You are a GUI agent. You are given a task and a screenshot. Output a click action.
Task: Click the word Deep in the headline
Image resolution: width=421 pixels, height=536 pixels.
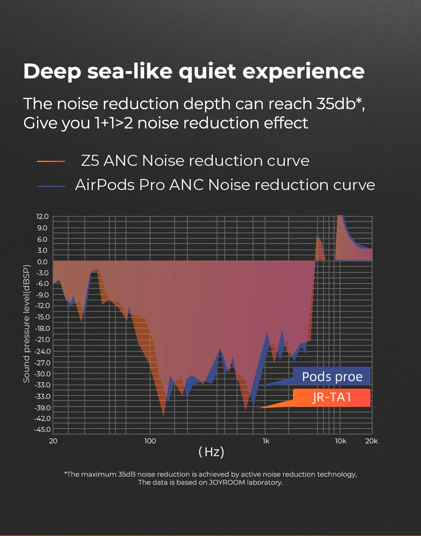(52, 72)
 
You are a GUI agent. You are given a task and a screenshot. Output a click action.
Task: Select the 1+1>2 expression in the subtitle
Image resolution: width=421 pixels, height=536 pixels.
(113, 123)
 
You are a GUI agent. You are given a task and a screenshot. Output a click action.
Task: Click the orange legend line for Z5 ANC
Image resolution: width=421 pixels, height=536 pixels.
(51, 161)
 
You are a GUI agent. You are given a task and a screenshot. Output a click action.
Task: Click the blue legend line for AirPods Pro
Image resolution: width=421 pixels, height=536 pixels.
(51, 186)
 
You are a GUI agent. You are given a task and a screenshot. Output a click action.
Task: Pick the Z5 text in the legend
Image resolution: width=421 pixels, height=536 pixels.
(91, 161)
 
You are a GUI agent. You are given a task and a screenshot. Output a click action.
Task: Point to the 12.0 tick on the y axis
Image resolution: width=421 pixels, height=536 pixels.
(43, 217)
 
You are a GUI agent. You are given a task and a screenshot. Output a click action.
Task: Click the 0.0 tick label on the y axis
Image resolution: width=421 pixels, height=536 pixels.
(43, 262)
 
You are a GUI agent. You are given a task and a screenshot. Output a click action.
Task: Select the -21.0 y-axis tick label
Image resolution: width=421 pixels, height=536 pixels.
(42, 340)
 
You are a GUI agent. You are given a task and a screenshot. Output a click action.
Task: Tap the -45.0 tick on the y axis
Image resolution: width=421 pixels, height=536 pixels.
(42, 430)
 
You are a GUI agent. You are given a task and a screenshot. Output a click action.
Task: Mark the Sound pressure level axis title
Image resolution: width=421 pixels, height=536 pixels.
(27, 324)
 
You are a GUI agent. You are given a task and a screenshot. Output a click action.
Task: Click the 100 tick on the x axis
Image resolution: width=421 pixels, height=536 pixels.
(150, 441)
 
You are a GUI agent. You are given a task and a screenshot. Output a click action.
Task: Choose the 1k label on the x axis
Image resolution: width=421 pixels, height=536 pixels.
(266, 441)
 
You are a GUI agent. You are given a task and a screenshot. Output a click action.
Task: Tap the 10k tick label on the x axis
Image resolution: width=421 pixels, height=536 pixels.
(341, 441)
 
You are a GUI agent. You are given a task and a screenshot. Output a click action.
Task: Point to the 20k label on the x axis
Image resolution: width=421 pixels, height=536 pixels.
(371, 441)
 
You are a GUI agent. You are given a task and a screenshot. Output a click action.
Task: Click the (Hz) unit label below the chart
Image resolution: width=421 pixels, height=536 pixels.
(211, 452)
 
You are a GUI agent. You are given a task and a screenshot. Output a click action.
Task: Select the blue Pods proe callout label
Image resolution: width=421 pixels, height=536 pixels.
(332, 376)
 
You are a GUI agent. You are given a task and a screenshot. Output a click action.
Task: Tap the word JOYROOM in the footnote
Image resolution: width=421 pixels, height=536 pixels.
(227, 482)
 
